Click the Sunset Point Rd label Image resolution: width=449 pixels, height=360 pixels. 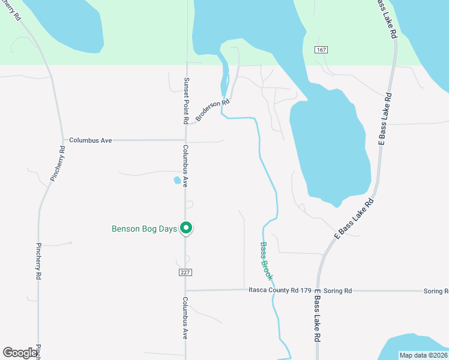[x=187, y=100]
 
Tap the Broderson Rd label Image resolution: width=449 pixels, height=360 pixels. [x=212, y=110]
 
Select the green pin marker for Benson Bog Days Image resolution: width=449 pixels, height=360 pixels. [x=186, y=228]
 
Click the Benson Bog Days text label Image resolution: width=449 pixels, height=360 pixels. [x=145, y=229]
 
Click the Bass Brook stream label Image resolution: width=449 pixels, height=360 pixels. [x=266, y=262]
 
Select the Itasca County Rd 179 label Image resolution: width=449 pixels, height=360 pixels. [x=280, y=290]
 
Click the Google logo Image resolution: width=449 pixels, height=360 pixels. [x=20, y=352]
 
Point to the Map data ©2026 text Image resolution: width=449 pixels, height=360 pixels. [x=423, y=355]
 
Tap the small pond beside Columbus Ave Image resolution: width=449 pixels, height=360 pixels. [x=177, y=180]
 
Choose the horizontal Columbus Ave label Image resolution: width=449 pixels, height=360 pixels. [x=91, y=140]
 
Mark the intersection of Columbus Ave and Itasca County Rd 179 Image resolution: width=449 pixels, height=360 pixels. [x=185, y=290]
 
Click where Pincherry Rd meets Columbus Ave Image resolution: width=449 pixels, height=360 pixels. [x=63, y=140]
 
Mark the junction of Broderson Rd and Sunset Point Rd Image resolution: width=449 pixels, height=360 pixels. [x=186, y=124]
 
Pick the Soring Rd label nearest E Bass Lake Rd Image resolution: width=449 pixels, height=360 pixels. [x=337, y=291]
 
